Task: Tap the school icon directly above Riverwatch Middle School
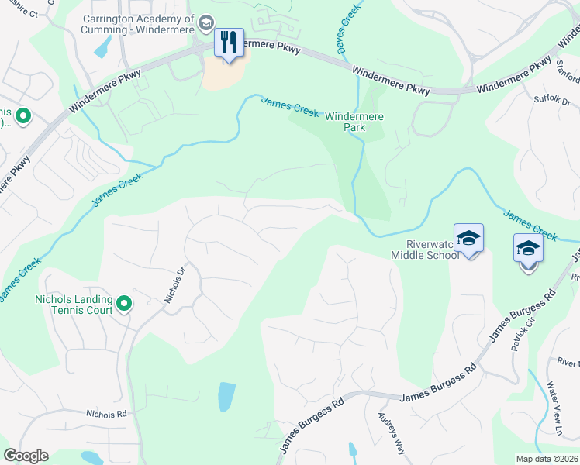coord(468,237)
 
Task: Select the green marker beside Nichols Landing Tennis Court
coord(123,303)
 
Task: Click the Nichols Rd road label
coord(106,414)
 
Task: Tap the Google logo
coord(26,455)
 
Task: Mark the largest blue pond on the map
coord(226,397)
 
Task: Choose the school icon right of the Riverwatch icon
coord(528,248)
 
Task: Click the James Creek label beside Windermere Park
coord(290,106)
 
